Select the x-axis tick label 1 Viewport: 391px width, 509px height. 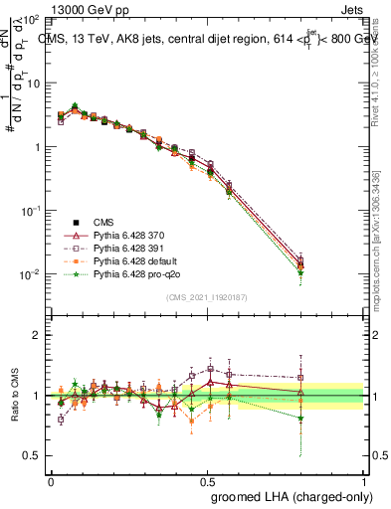[x=364, y=482]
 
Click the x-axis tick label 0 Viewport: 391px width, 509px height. [x=50, y=482]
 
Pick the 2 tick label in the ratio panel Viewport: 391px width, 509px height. [x=37, y=334]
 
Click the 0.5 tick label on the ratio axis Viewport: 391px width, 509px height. [x=32, y=455]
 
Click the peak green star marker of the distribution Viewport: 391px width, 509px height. [x=75, y=105]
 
